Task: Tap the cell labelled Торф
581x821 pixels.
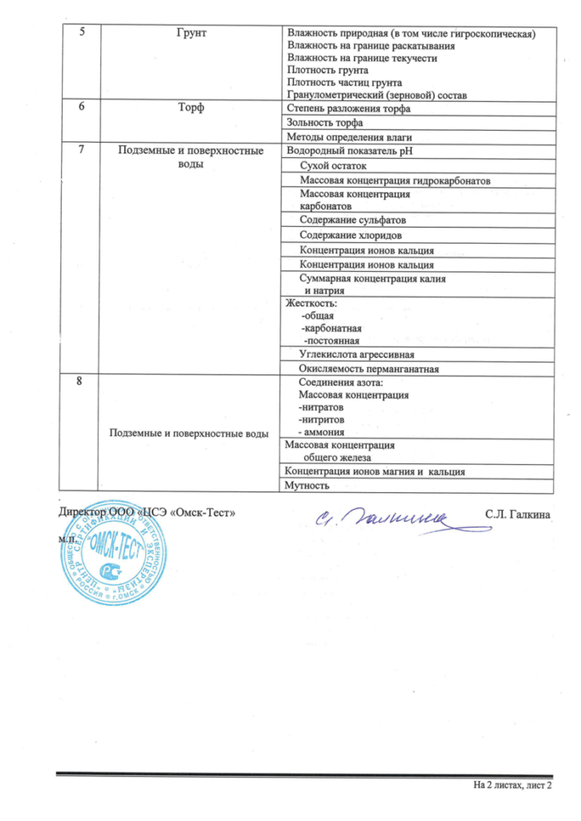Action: pos(189,109)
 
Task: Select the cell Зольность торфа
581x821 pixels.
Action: pos(325,123)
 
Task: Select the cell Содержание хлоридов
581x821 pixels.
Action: pos(351,235)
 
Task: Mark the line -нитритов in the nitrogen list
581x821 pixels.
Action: pos(322,419)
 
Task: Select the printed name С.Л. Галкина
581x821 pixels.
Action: pos(517,512)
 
